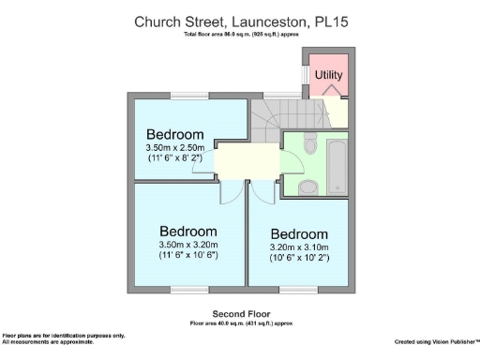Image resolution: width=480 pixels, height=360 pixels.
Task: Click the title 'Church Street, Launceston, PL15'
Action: [239, 20]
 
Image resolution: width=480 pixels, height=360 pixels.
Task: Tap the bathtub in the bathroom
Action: [338, 163]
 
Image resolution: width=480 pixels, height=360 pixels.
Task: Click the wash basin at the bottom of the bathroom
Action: [307, 187]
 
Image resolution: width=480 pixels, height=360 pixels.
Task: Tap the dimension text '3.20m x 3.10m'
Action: [299, 247]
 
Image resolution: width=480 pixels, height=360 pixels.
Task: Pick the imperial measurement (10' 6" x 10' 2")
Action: [299, 258]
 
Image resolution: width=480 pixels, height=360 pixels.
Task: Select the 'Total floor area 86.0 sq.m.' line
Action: [239, 35]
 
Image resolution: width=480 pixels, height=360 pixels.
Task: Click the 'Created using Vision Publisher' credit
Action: [437, 340]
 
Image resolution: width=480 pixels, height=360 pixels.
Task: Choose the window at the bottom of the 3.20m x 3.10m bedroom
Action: [299, 292]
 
